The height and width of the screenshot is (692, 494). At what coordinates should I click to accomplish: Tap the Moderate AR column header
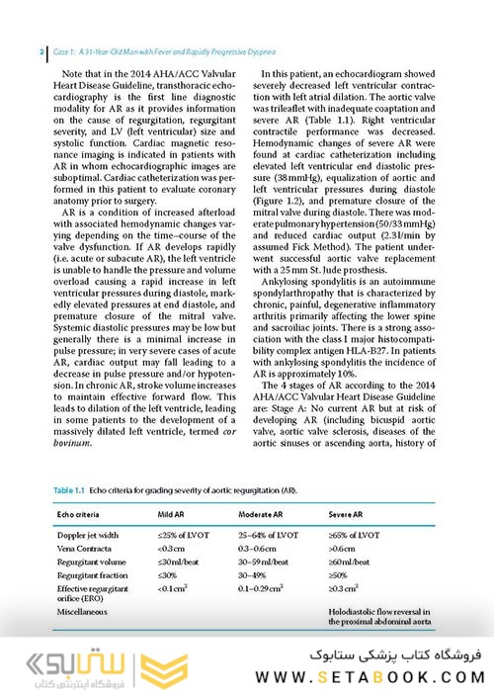pos(266,515)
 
